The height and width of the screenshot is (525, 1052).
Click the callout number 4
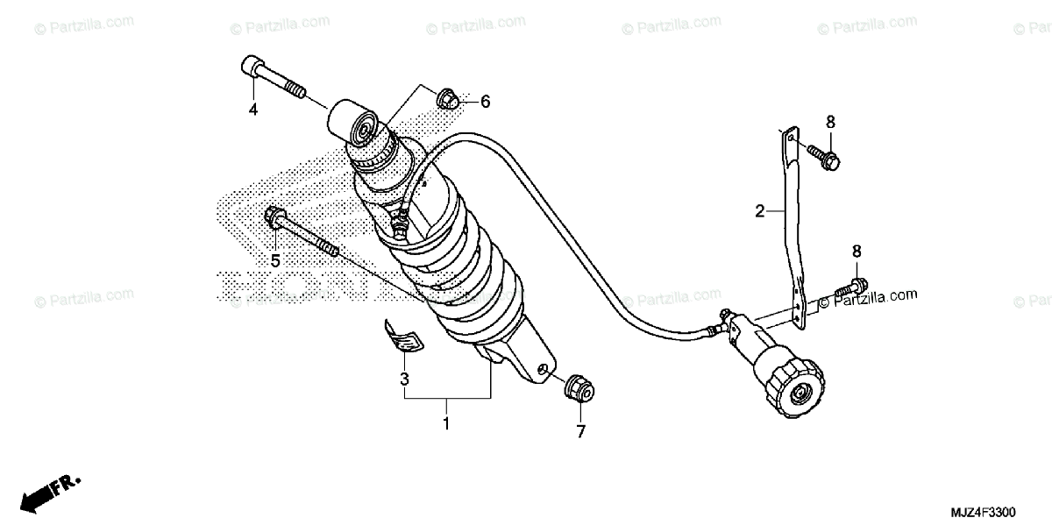pos(252,110)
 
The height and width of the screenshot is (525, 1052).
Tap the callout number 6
pos(485,102)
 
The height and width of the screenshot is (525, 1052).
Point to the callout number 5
pos(274,260)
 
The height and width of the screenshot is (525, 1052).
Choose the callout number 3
pos(404,380)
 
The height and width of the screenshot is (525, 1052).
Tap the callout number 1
pos(445,424)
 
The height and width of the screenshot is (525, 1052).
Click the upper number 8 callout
pos(830,121)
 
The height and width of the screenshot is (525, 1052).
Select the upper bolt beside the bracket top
pos(824,156)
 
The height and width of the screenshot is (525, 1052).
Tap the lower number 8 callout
pos(857,251)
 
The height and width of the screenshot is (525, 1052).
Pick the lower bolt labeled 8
pos(853,286)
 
